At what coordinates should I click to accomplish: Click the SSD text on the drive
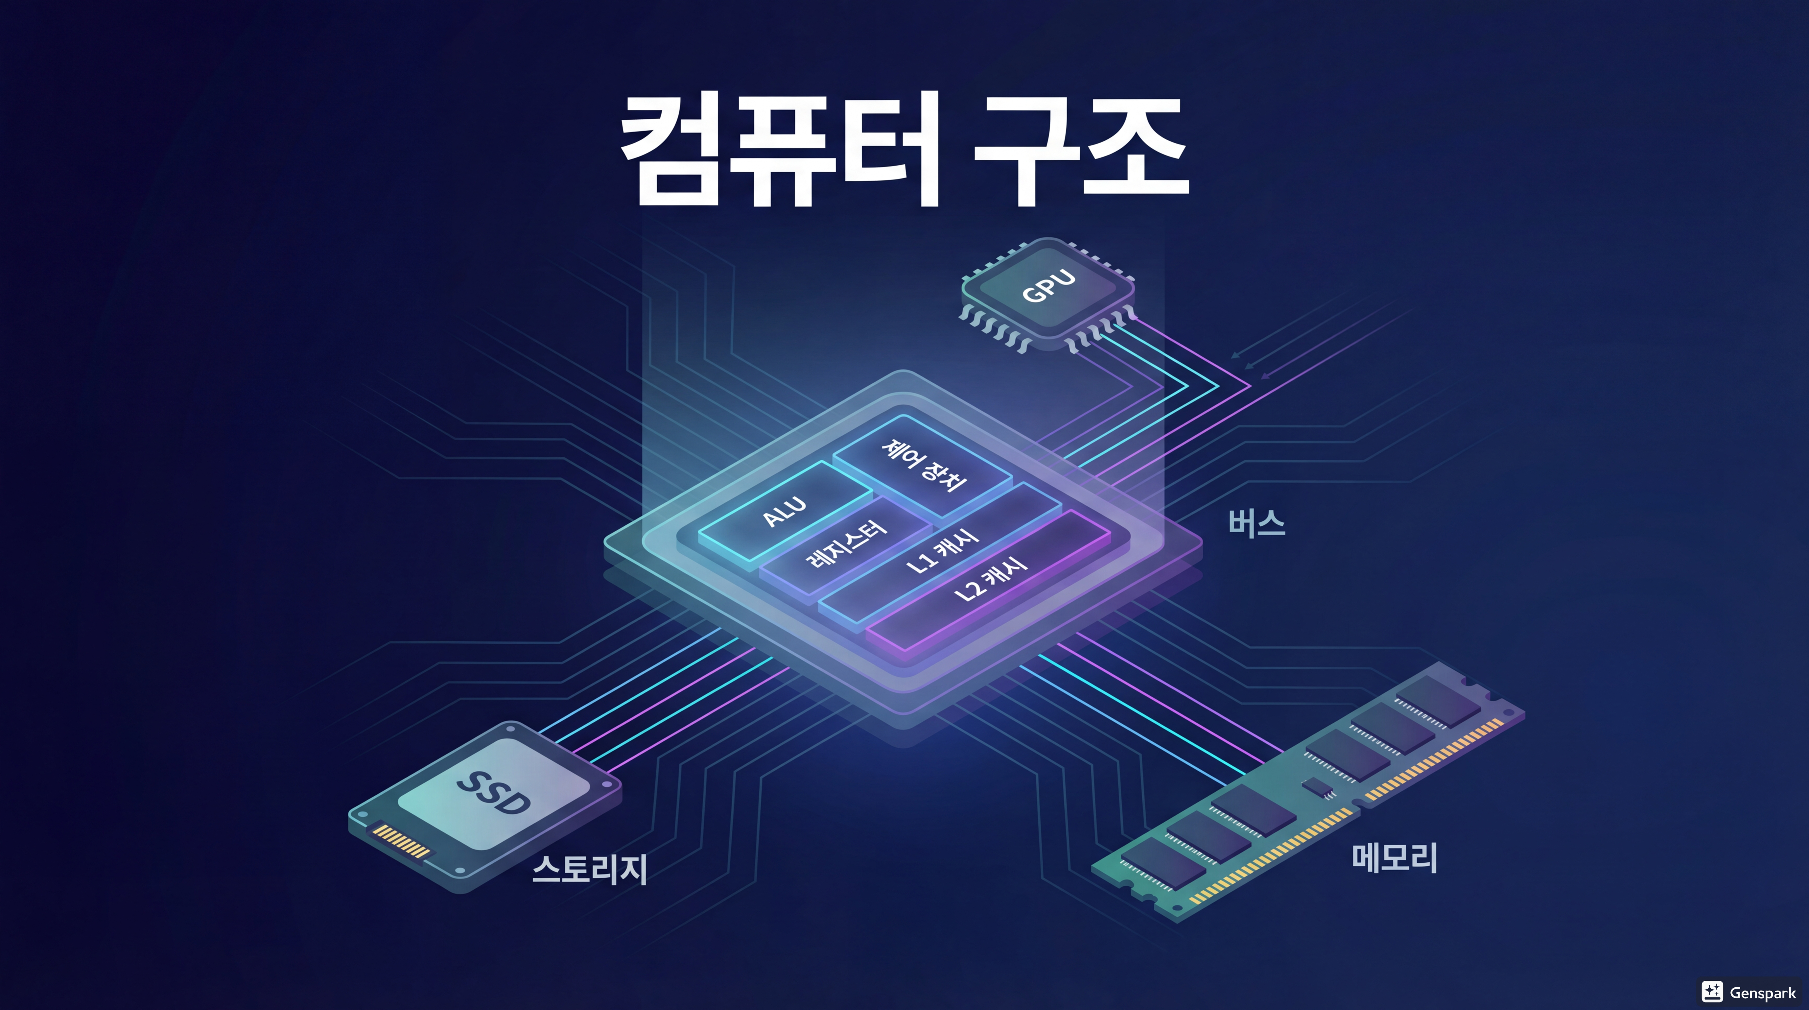494,792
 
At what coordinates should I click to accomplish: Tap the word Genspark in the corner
1763,993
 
